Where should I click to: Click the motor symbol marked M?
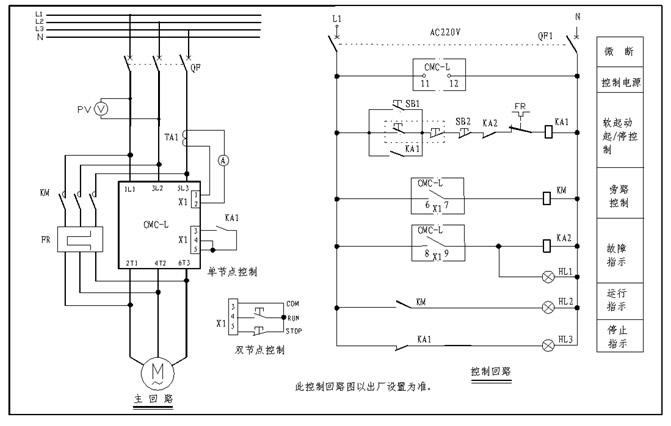pos(158,373)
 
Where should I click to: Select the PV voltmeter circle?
pos(100,108)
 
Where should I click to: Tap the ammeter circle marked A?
pos(224,158)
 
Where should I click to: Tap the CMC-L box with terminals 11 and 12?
pos(437,74)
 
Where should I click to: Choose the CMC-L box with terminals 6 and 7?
pos(437,195)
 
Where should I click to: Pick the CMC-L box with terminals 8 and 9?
pos(437,242)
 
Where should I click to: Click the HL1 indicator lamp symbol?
pos(547,273)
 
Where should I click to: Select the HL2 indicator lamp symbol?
pos(547,307)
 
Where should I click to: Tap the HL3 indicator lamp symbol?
pos(547,345)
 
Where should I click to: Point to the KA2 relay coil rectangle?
pos(548,243)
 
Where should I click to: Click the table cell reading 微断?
pos(617,50)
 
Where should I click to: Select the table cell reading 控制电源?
pos(617,81)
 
